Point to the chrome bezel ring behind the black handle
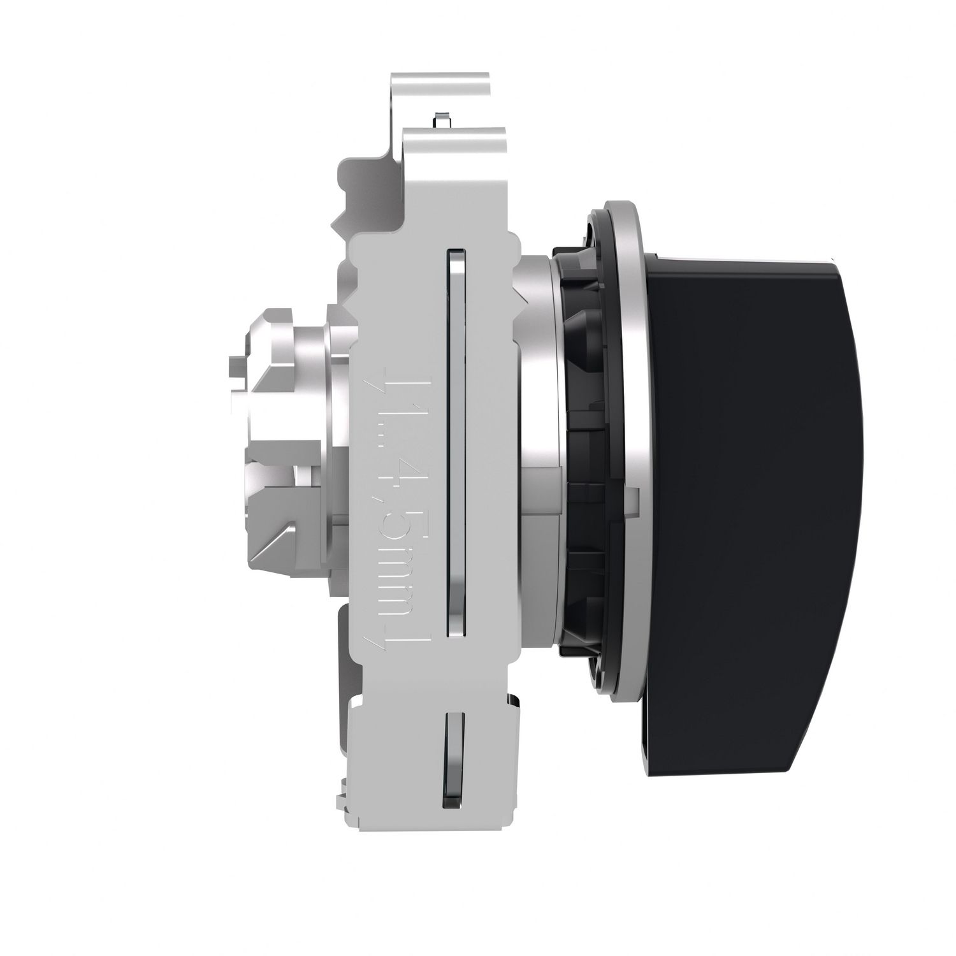631,446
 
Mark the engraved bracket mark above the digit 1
398,376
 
